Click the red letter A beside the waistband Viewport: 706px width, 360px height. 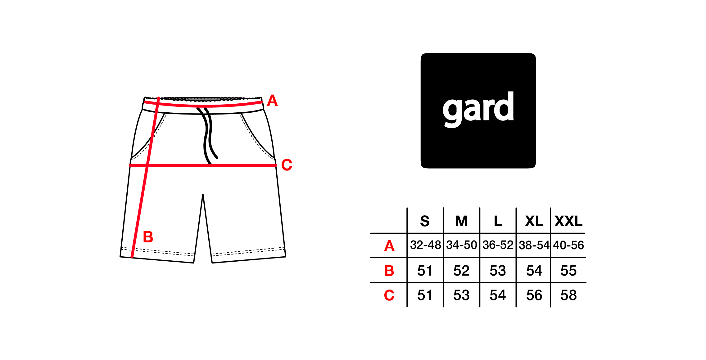[272, 101]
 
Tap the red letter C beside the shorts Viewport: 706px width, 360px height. [287, 165]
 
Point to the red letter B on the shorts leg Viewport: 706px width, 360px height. [148, 237]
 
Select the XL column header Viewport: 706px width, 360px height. [534, 221]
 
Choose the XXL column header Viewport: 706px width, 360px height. [568, 221]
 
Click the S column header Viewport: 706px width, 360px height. [425, 221]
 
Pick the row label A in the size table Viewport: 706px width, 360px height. [389, 246]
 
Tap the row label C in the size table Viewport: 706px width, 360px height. [389, 295]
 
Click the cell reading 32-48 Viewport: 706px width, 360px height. [425, 245]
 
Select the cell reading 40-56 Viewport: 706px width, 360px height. [568, 245]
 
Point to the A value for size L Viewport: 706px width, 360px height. [498, 245]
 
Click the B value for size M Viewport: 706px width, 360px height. [461, 271]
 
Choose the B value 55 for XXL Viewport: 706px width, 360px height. [568, 271]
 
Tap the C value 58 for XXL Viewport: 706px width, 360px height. [568, 295]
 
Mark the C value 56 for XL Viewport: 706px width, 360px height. [534, 295]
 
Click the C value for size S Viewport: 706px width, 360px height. [425, 295]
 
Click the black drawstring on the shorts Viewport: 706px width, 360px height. [208, 133]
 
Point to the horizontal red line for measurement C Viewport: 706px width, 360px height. [203, 165]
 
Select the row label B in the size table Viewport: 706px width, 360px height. [389, 271]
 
